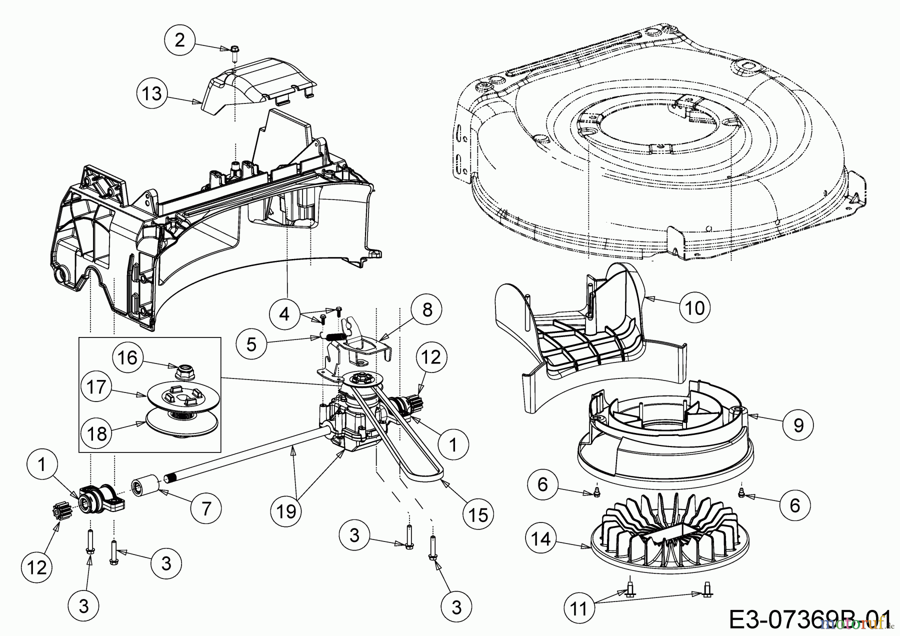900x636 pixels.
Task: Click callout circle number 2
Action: click(x=179, y=40)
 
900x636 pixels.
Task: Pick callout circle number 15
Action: click(x=478, y=514)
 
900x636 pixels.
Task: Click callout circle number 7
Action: click(x=206, y=508)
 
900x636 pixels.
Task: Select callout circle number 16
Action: click(x=128, y=358)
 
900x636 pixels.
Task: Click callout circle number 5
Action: click(x=252, y=344)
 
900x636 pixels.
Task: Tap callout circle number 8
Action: click(x=426, y=310)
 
